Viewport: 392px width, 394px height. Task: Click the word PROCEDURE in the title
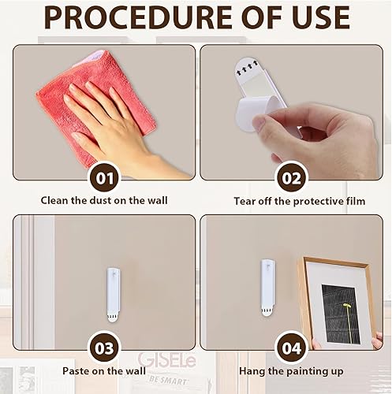tap(138, 17)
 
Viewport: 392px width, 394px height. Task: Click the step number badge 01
tap(105, 178)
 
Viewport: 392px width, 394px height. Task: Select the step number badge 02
tap(291, 178)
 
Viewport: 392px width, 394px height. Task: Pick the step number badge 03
tap(105, 348)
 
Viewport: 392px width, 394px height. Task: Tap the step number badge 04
tap(291, 348)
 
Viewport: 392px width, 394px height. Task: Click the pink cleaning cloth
tap(92, 105)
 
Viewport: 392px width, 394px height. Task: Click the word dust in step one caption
tap(101, 201)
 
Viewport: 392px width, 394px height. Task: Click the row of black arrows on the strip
tap(247, 68)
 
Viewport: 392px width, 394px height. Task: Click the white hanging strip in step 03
tap(114, 295)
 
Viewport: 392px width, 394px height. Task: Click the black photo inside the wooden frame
tap(341, 314)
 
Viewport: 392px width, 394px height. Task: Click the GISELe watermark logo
tap(167, 361)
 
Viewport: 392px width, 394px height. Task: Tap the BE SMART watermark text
tap(168, 381)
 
